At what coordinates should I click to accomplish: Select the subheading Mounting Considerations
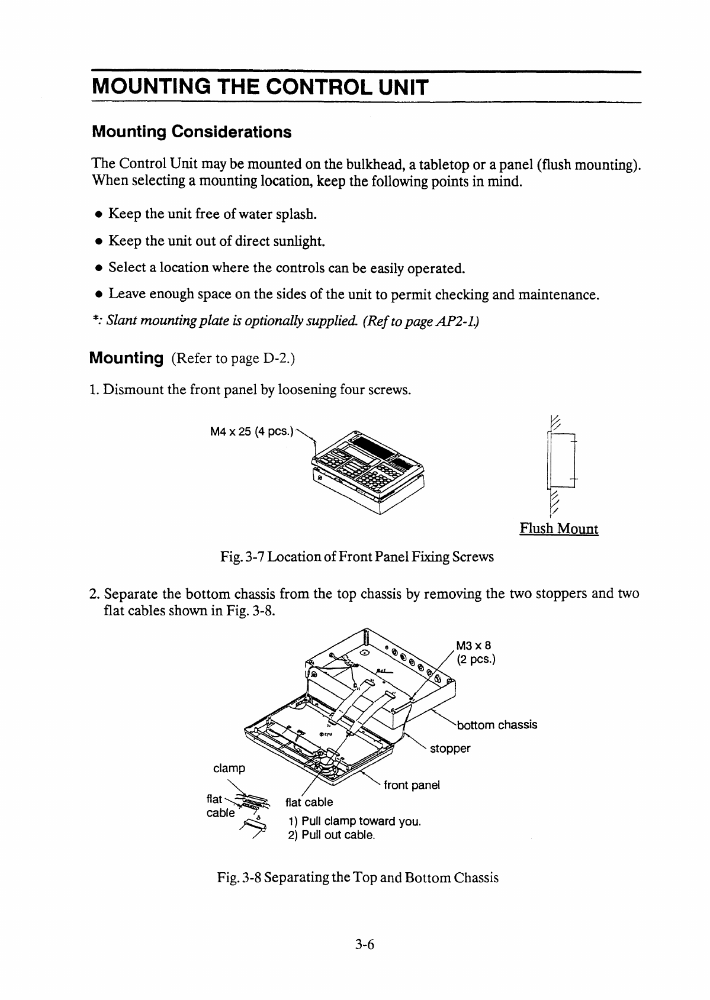pyautogui.click(x=191, y=131)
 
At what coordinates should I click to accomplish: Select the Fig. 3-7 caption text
pyautogui.click(x=356, y=557)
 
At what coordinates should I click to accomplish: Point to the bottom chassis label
pyautogui.click(x=497, y=725)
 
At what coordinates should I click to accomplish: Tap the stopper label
pyautogui.click(x=450, y=749)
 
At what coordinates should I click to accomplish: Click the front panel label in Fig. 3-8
pyautogui.click(x=412, y=785)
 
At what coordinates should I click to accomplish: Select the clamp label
pyautogui.click(x=229, y=768)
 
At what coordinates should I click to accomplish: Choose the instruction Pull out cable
pyautogui.click(x=331, y=836)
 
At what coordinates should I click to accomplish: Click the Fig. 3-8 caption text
pyautogui.click(x=358, y=878)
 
